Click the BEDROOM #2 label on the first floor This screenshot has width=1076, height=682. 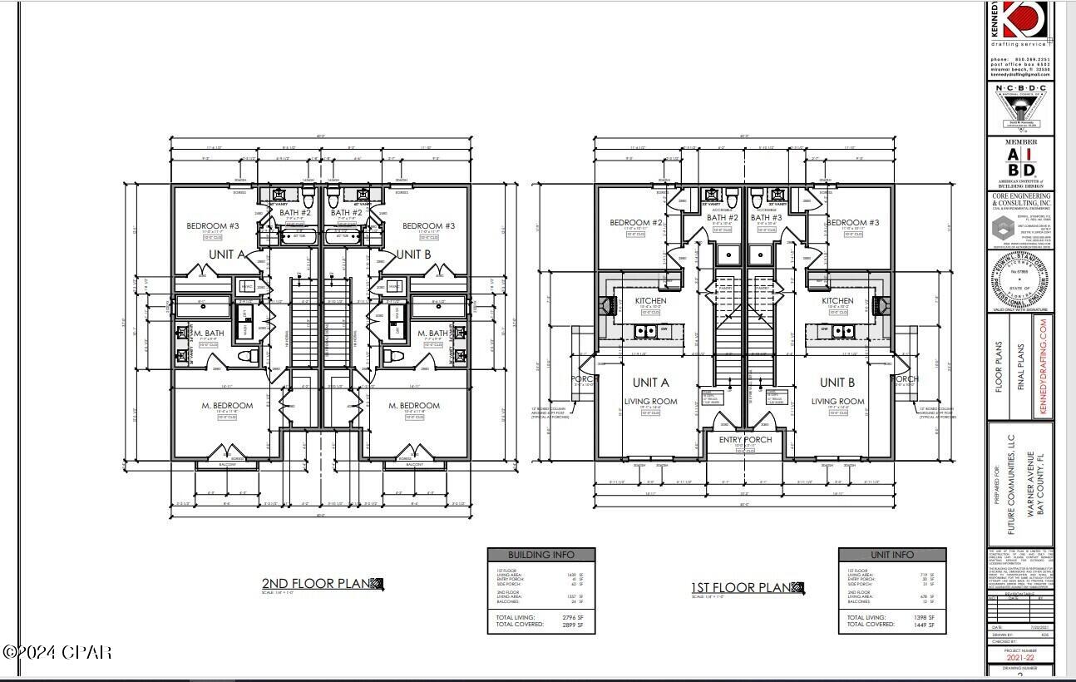pyautogui.click(x=635, y=223)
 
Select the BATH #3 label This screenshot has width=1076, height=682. pyautogui.click(x=767, y=218)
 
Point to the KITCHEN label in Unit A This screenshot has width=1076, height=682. pyautogui.click(x=651, y=301)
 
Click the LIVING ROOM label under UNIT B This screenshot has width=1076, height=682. pyautogui.click(x=837, y=402)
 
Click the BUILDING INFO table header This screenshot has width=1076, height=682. pyautogui.click(x=541, y=555)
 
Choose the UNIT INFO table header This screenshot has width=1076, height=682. pyautogui.click(x=892, y=555)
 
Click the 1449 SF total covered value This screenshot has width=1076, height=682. pyautogui.click(x=925, y=624)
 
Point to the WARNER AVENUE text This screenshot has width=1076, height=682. pyautogui.click(x=1029, y=485)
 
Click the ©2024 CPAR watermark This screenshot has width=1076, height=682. pyautogui.click(x=57, y=652)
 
